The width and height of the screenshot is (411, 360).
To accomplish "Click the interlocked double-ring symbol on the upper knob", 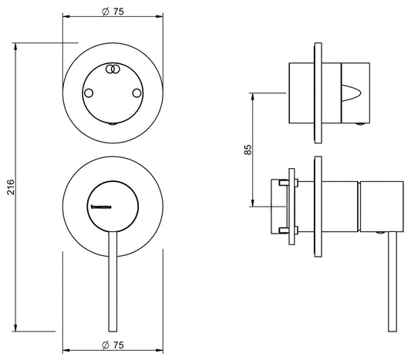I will click(113, 69).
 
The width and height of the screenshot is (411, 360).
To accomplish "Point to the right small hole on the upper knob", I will click(138, 93).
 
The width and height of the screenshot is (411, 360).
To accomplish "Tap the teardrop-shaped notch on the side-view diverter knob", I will click(352, 96).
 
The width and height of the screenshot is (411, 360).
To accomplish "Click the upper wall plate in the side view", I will click(318, 93).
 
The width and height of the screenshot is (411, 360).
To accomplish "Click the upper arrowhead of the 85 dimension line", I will click(253, 96).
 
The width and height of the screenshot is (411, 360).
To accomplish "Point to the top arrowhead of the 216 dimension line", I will click(19, 44).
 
